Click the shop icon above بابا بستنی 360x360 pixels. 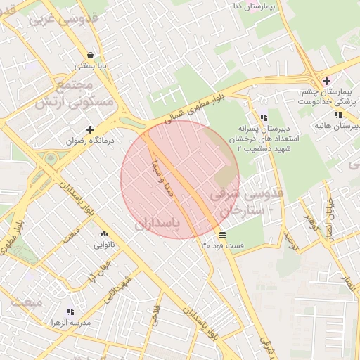90,55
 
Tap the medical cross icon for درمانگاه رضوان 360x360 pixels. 90,129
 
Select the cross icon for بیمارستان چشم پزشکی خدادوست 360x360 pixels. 326,81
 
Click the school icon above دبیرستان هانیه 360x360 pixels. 338,115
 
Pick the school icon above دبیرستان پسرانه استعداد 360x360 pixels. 264,118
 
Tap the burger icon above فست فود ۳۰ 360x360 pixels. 222,234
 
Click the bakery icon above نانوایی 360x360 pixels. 105,234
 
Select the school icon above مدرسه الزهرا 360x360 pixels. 70,311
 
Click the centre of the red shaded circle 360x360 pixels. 180,179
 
